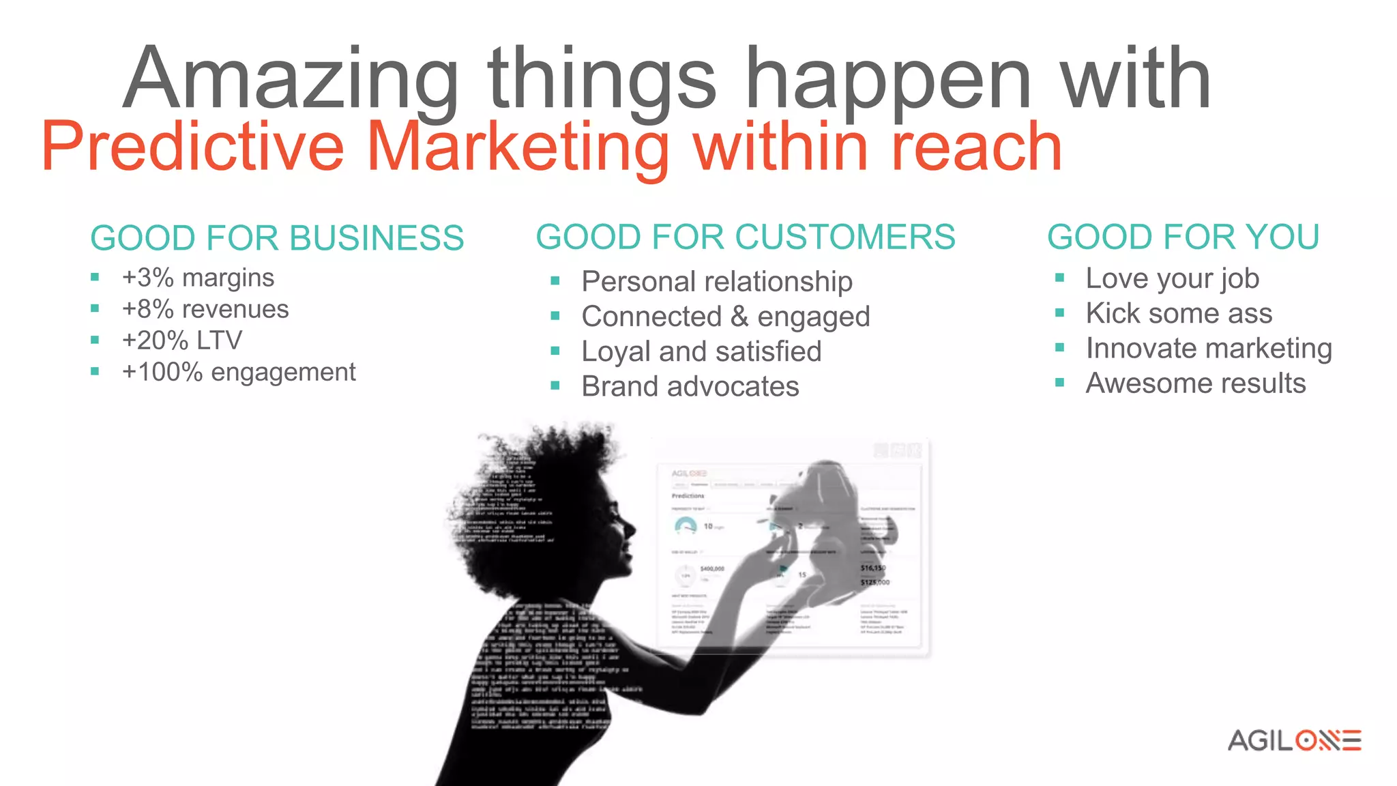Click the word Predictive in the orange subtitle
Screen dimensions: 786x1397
(192, 147)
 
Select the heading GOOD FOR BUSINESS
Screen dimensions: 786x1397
(277, 239)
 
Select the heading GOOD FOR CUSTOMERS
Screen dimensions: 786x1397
(745, 237)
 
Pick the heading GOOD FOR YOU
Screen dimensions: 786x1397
(1183, 237)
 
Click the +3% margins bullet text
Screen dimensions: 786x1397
(198, 278)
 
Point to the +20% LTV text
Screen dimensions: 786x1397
(181, 340)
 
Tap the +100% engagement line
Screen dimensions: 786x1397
(239, 373)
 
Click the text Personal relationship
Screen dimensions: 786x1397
(716, 282)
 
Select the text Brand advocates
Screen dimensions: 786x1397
(690, 387)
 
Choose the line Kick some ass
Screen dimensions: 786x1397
(1179, 314)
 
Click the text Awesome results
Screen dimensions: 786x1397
(1195, 383)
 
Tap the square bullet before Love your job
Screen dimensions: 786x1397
(1059, 278)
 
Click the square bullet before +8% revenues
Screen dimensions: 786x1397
(95, 309)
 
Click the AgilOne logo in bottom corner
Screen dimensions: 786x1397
(1294, 740)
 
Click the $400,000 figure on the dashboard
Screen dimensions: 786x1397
(711, 568)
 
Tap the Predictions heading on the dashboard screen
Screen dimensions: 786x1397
(688, 496)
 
